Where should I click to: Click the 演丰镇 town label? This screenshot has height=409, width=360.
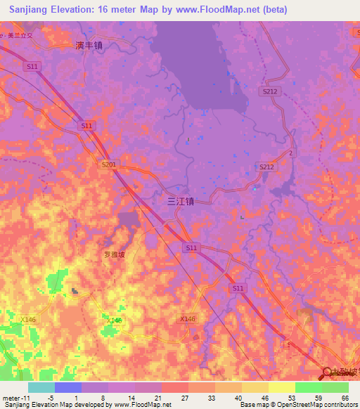click(89, 45)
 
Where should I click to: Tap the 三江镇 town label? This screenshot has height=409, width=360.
click(180, 200)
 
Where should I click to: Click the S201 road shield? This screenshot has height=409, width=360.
click(108, 164)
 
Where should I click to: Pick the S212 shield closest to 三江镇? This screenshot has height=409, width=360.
click(266, 167)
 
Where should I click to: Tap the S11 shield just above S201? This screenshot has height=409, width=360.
click(86, 125)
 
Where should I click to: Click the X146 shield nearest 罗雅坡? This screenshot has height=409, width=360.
click(115, 320)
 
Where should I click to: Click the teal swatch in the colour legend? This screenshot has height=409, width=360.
click(41, 387)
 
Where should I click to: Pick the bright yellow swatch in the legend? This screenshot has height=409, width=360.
click(281, 387)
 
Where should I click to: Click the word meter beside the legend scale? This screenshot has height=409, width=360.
click(12, 398)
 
